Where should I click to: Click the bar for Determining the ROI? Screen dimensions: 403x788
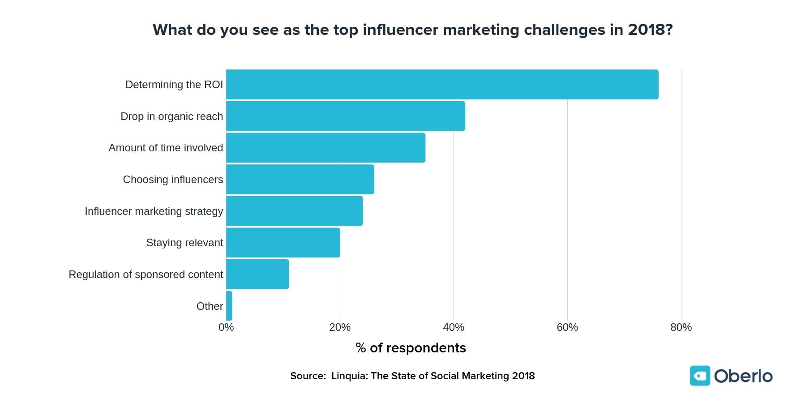tap(442, 84)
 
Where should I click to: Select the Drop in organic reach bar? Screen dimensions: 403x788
tap(345, 116)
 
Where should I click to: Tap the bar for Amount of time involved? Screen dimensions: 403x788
tap(325, 148)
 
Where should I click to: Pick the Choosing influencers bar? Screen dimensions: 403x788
tap(300, 179)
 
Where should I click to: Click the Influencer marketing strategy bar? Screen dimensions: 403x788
tap(294, 211)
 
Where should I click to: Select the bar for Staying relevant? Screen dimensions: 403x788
tap(283, 243)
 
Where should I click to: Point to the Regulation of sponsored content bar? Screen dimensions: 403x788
tap(257, 274)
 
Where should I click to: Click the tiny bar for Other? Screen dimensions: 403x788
tap(229, 306)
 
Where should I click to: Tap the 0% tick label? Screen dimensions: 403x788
tap(226, 327)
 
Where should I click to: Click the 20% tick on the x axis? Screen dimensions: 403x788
tap(340, 327)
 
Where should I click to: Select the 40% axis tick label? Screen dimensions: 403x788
tap(454, 327)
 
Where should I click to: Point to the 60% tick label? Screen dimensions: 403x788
tap(567, 327)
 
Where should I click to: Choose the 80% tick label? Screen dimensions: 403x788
tap(681, 327)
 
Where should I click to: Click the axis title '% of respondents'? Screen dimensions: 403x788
tap(411, 348)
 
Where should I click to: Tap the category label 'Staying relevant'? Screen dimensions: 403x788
tap(184, 243)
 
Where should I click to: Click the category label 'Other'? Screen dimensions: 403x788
tap(210, 306)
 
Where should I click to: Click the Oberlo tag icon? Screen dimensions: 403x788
tap(700, 376)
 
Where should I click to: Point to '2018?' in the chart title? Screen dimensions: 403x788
tap(650, 30)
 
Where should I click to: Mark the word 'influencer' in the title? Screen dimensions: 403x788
tap(400, 30)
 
